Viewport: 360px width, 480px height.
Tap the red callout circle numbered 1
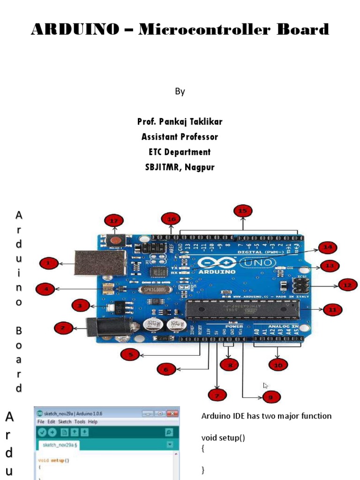[x=48, y=263]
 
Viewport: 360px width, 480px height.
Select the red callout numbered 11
[x=332, y=309]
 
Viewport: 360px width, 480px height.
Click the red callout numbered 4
[x=46, y=289]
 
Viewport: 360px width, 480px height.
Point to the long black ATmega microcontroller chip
[x=244, y=309]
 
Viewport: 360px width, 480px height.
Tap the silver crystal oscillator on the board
[x=154, y=290]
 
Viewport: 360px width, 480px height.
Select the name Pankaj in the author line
[x=172, y=122]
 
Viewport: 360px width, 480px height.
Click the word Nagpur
[x=200, y=167]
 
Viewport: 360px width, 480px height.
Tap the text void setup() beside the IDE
[x=223, y=438]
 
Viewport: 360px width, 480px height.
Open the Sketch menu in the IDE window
[x=65, y=422]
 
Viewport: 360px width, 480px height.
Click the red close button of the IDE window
[x=173, y=413]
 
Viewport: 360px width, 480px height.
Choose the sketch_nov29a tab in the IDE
[x=60, y=445]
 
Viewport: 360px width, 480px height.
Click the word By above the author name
[x=180, y=91]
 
